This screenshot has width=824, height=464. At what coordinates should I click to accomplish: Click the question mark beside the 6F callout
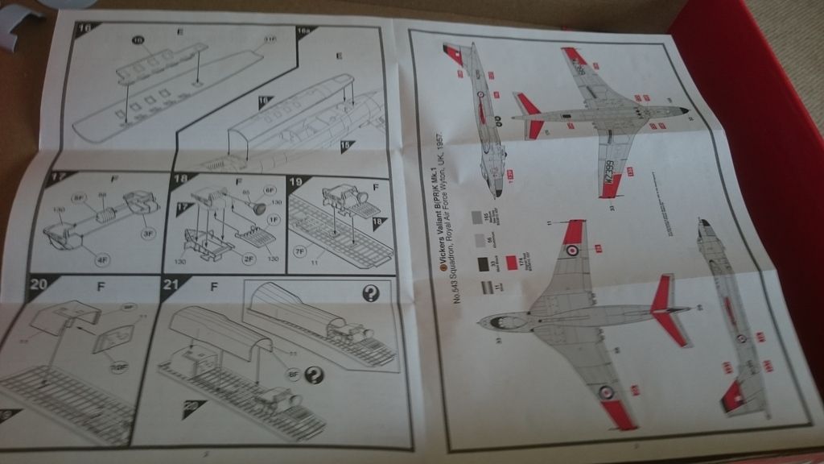coord(315,372)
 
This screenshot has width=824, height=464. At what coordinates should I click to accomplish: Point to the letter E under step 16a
coord(340,55)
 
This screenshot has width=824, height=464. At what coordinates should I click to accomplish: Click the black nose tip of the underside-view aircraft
coord(685,111)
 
